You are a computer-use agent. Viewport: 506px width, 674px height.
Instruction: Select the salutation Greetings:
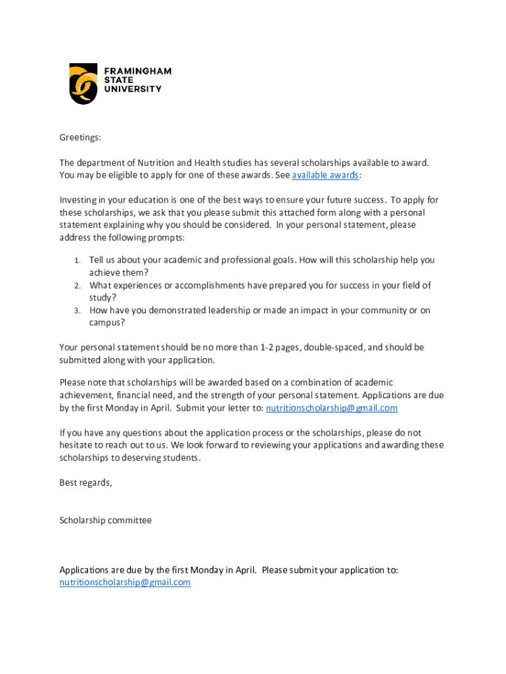point(80,138)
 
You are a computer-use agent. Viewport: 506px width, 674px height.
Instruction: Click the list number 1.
point(77,261)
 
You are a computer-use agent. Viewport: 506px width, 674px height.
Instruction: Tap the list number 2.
point(77,286)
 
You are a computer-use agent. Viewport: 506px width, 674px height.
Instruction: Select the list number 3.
point(77,311)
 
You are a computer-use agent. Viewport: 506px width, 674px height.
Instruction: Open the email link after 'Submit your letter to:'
point(331,408)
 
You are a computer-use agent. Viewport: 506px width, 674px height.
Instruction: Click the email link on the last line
point(125,583)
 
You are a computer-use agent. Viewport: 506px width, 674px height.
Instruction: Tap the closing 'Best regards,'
point(85,482)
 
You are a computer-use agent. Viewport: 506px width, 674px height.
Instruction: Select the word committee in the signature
point(130,520)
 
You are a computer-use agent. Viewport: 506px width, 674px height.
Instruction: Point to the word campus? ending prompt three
point(107,323)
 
